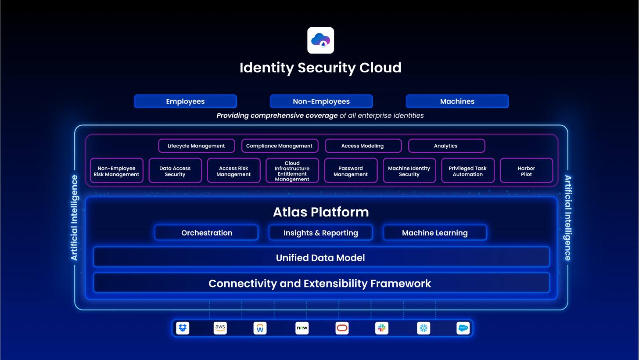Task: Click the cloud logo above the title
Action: tap(321, 40)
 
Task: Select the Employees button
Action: tap(185, 101)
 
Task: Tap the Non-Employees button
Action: tap(321, 101)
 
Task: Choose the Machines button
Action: tap(457, 101)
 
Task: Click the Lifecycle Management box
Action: tap(197, 146)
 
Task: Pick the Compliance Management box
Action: tap(280, 146)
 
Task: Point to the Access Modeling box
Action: tap(363, 146)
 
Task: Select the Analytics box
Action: tap(446, 146)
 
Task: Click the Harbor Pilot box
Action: tap(526, 171)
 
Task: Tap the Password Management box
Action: tap(351, 171)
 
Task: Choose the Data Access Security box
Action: tap(175, 171)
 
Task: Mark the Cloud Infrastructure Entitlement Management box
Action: tap(292, 171)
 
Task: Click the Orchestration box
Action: tap(207, 233)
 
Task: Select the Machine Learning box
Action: tap(435, 233)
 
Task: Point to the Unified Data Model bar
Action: tap(321, 257)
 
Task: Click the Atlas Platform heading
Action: tap(321, 212)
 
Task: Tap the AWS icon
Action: tap(220, 328)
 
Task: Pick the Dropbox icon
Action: tap(183, 328)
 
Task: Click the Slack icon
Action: tap(382, 328)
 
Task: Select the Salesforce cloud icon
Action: tap(463, 328)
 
